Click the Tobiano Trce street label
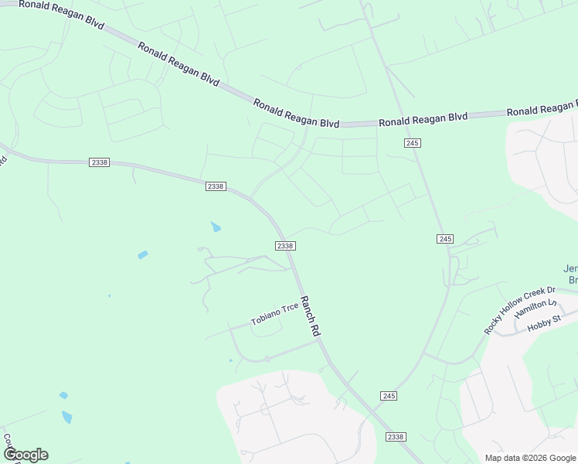(x=274, y=314)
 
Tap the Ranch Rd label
(x=310, y=316)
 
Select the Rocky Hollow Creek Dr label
(x=519, y=310)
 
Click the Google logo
(x=25, y=455)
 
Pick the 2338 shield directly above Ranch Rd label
(x=285, y=245)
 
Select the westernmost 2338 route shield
(x=99, y=162)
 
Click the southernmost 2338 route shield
(x=395, y=437)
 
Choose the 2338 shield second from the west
(x=216, y=186)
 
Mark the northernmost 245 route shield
(x=412, y=143)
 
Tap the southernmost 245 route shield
(x=389, y=396)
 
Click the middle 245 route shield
(x=444, y=239)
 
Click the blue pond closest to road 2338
(x=215, y=227)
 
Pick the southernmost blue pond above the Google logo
(x=67, y=418)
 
